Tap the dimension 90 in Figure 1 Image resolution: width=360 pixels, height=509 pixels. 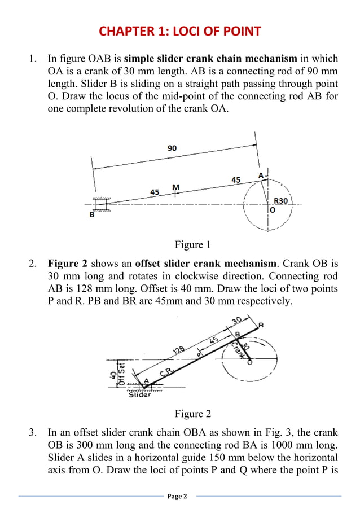(172, 148)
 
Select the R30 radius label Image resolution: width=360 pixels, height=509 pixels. (280, 200)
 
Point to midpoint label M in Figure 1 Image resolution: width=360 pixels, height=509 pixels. (176, 187)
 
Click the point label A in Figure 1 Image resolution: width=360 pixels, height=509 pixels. (261, 175)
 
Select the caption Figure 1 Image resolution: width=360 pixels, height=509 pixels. (192, 244)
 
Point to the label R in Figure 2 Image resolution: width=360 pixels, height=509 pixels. (261, 324)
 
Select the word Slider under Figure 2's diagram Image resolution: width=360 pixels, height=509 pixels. (139, 394)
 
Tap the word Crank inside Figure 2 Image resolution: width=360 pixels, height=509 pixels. (238, 351)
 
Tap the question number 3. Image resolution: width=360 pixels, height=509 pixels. (33, 433)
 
